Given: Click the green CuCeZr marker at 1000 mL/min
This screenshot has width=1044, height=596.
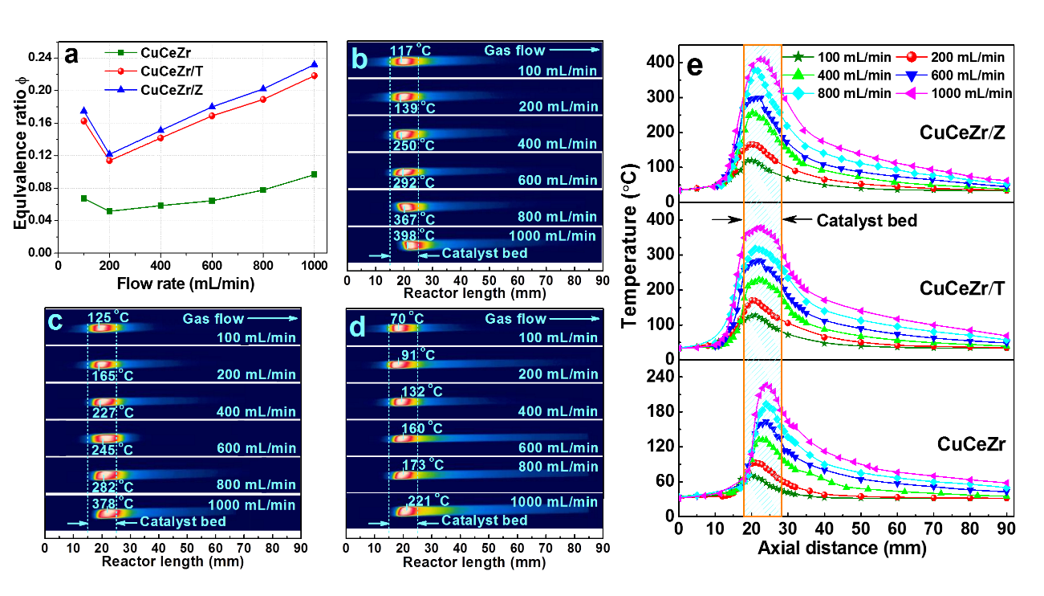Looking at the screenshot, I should (315, 174).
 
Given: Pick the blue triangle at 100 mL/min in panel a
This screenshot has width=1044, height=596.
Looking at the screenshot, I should (83, 110).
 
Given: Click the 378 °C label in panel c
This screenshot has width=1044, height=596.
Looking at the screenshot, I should (110, 504).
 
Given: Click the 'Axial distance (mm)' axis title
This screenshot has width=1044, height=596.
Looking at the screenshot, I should (842, 549).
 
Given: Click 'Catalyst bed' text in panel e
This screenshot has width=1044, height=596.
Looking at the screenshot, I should (866, 220).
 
